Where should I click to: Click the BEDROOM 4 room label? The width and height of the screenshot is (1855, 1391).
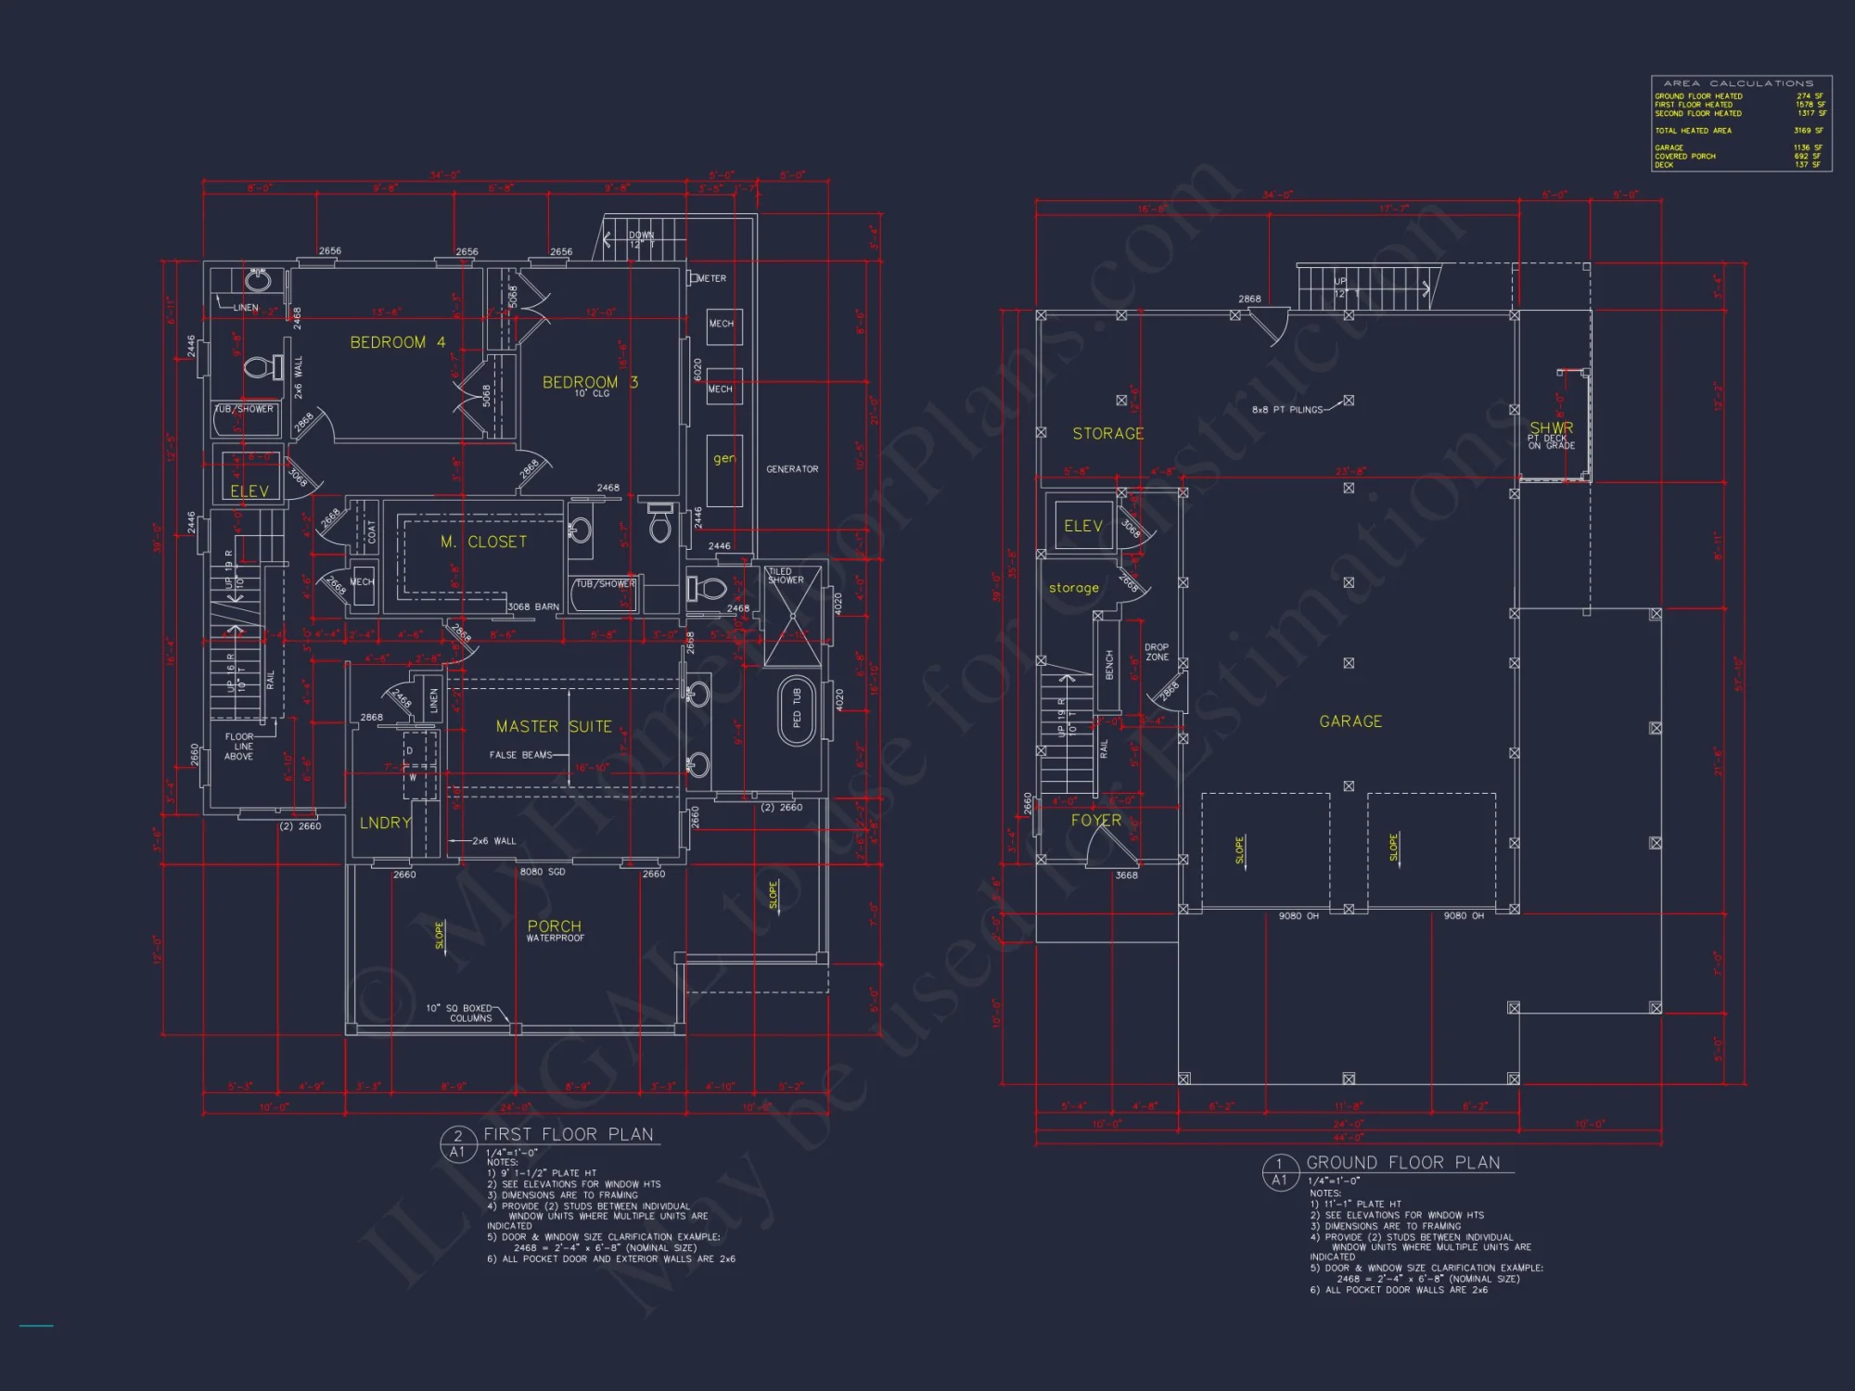(x=397, y=342)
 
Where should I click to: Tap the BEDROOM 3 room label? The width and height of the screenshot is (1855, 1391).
(x=590, y=382)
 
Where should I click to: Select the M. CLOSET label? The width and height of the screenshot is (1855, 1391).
(x=483, y=542)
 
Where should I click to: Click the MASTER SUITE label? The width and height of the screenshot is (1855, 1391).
(x=554, y=727)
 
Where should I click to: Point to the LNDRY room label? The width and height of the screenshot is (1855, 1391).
(x=385, y=823)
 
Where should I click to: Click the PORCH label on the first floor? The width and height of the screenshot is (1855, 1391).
(x=555, y=926)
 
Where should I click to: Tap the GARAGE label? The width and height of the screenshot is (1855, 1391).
(x=1350, y=721)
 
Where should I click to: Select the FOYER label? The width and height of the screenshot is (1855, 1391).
(x=1096, y=821)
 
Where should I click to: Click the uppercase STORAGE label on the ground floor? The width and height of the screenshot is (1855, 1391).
(x=1108, y=433)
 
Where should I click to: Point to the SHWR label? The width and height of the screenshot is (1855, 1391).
(x=1552, y=428)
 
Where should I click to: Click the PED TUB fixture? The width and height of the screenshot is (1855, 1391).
(x=796, y=708)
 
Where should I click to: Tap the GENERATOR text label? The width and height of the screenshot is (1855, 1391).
(x=792, y=469)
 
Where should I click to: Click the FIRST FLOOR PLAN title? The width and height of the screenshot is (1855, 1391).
(x=568, y=1134)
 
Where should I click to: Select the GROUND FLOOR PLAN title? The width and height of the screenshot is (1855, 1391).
(x=1402, y=1163)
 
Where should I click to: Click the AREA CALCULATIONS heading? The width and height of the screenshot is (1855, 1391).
(x=1738, y=83)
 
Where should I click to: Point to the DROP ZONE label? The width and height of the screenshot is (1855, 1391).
(x=1157, y=652)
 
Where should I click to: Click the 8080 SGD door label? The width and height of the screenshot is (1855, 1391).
(x=543, y=872)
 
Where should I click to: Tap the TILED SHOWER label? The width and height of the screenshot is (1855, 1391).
(x=786, y=576)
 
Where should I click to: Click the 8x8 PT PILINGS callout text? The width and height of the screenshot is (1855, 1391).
(x=1287, y=410)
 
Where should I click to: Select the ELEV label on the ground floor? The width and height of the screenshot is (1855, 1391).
(x=1082, y=526)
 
